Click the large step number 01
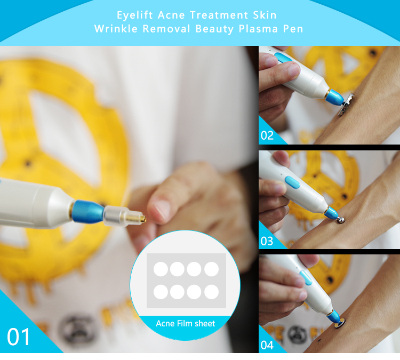19,337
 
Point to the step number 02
267,135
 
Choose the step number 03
267,241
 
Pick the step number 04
267,345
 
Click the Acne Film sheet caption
186,323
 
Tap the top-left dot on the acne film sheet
161,269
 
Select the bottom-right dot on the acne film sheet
212,292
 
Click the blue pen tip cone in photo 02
335,97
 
